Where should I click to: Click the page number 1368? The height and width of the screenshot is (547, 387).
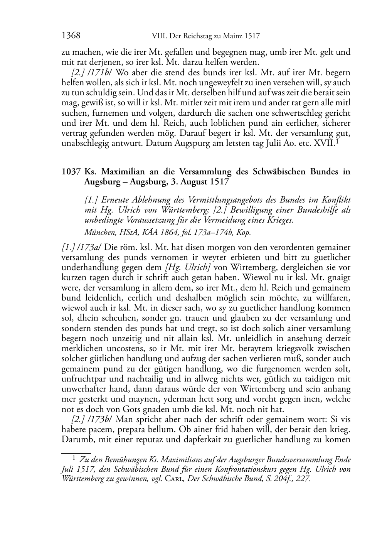[x=71, y=36]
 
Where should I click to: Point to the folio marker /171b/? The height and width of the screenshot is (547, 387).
[x=101, y=73]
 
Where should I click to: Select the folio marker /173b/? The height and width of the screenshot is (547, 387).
[x=101, y=419]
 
